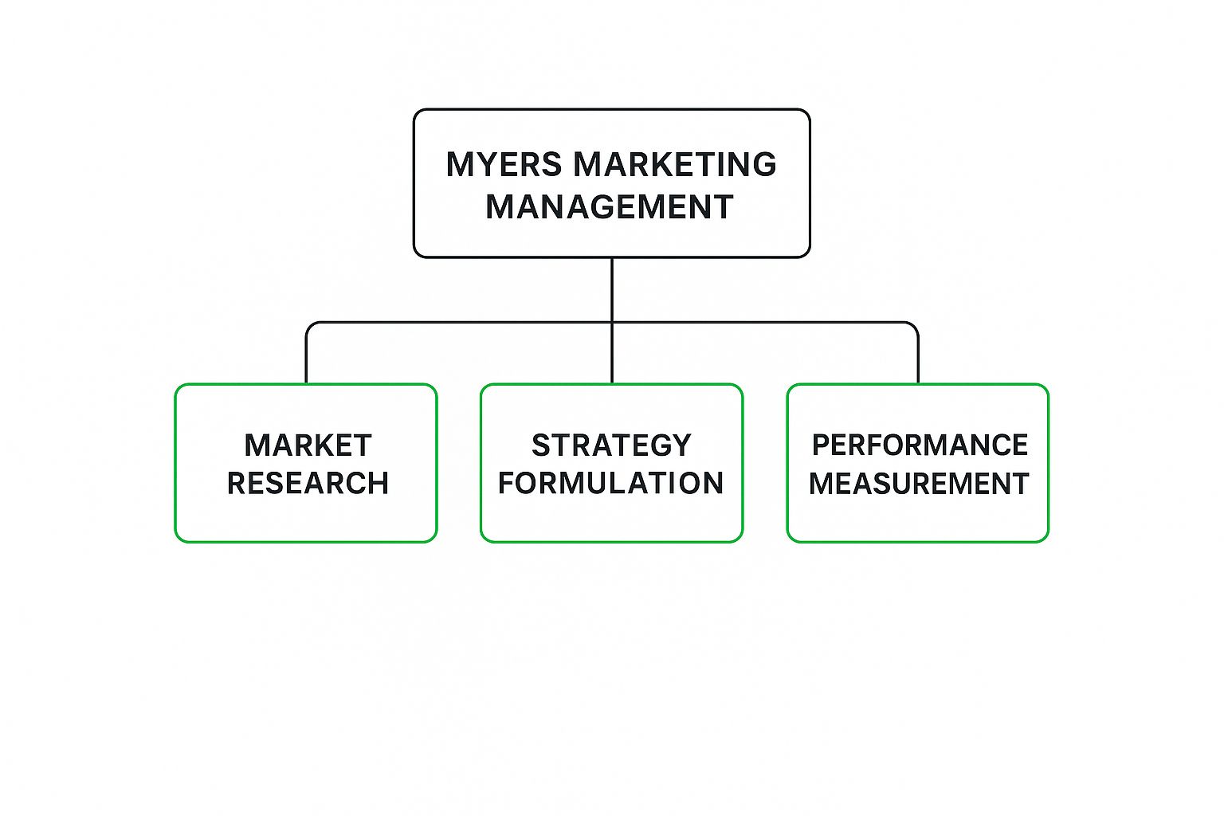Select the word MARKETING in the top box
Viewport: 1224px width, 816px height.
pyautogui.click(x=674, y=164)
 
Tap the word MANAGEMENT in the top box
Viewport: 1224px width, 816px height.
pyautogui.click(x=610, y=207)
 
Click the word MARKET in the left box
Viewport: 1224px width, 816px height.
pyautogui.click(x=308, y=445)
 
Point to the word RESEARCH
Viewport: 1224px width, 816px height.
pyautogui.click(x=308, y=484)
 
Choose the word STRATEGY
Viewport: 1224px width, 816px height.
pyautogui.click(x=611, y=445)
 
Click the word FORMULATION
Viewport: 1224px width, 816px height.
pyautogui.click(x=611, y=484)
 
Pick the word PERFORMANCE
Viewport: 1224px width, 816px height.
pyautogui.click(x=920, y=445)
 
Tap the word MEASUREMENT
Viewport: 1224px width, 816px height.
pyautogui.click(x=919, y=484)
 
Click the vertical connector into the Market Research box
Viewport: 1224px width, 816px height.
pyautogui.click(x=306, y=359)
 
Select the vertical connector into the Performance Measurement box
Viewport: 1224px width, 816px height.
pyautogui.click(x=918, y=359)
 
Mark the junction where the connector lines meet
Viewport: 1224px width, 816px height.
pyautogui.click(x=612, y=323)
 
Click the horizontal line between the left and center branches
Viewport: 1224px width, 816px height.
pyautogui.click(x=459, y=323)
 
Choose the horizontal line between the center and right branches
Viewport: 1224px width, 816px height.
pyautogui.click(x=765, y=323)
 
